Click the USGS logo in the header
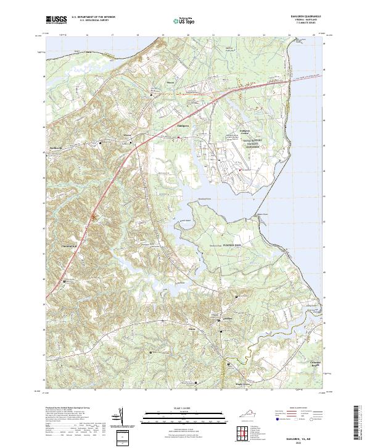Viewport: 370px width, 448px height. click(x=56, y=20)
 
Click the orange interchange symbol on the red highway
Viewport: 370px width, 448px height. click(x=94, y=216)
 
